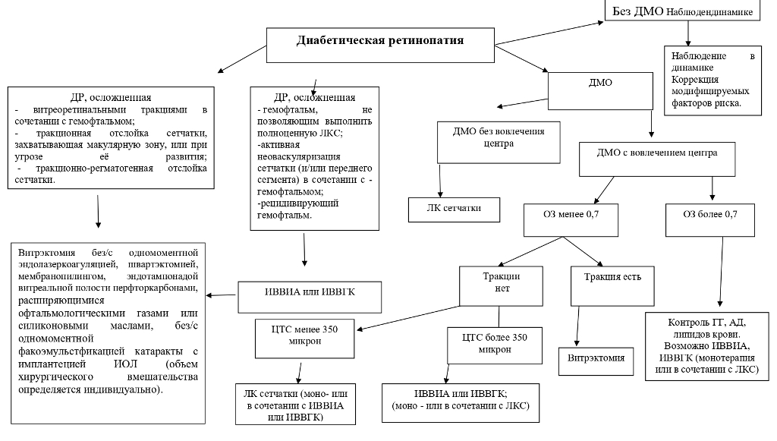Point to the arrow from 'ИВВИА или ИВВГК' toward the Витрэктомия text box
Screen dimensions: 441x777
[223, 295]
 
